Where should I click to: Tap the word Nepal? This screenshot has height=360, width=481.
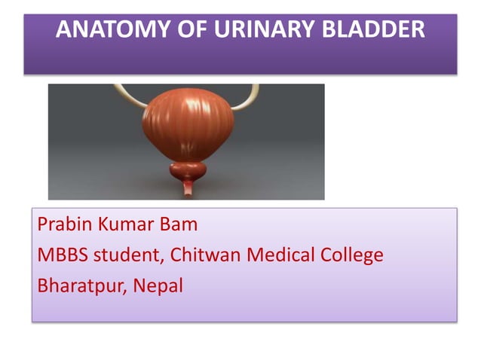pyautogui.click(x=161, y=287)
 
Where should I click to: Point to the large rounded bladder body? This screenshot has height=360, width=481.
pyautogui.click(x=188, y=124)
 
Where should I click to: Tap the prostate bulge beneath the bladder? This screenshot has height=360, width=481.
pyautogui.click(x=188, y=171)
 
